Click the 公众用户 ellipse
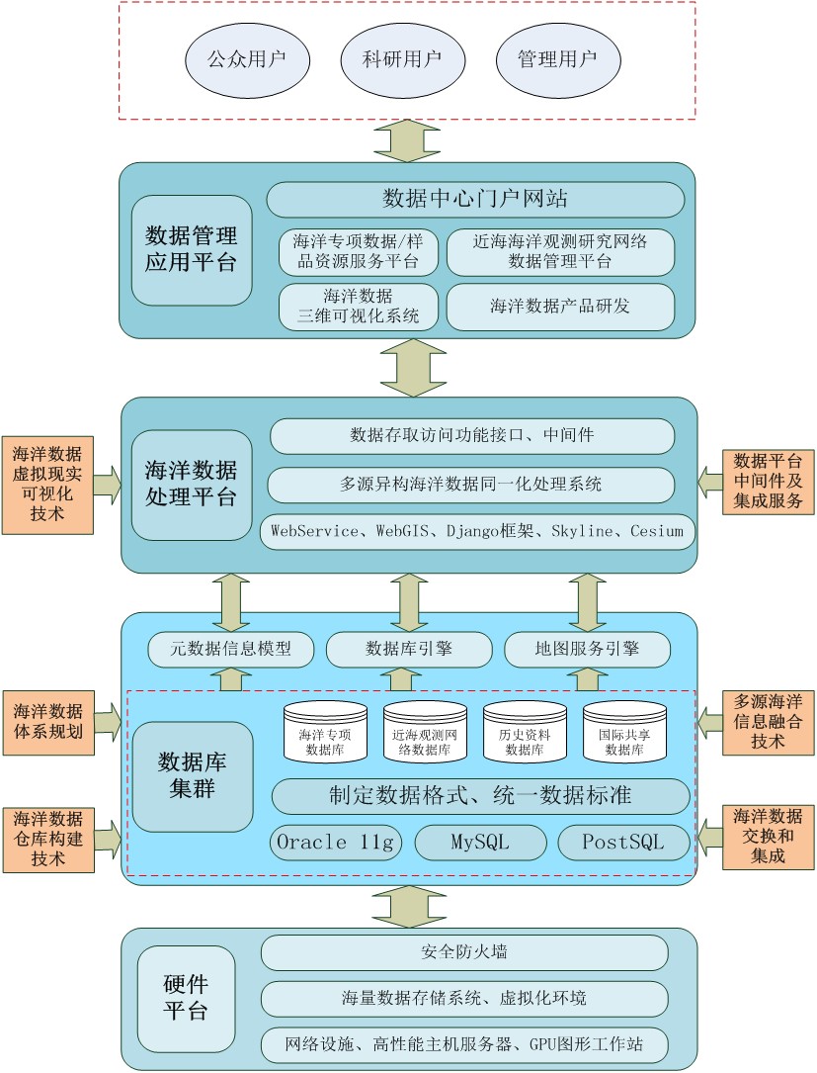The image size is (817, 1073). pyautogui.click(x=246, y=58)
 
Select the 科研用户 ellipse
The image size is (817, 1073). pyautogui.click(x=402, y=58)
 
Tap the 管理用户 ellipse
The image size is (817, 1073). pyautogui.click(x=557, y=58)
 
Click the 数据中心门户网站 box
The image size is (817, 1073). pyautogui.click(x=475, y=199)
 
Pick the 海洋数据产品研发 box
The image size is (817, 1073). pyautogui.click(x=560, y=307)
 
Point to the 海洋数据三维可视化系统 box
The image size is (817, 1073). pyautogui.click(x=358, y=307)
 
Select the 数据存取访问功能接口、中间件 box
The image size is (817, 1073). pyautogui.click(x=472, y=435)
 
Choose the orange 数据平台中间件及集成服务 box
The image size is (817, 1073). pyautogui.click(x=769, y=482)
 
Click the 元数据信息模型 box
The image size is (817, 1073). pyautogui.click(x=231, y=649)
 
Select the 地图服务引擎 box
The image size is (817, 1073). pyautogui.click(x=587, y=649)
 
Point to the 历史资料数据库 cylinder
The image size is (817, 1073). pyautogui.click(x=524, y=733)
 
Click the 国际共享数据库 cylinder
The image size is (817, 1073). pyautogui.click(x=623, y=733)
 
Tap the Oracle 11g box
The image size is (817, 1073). pyautogui.click(x=336, y=843)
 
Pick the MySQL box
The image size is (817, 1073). pyautogui.click(x=480, y=843)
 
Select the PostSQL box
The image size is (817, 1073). pyautogui.click(x=623, y=843)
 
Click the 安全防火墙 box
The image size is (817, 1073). pyautogui.click(x=464, y=952)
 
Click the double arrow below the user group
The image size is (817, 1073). pyautogui.click(x=407, y=140)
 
